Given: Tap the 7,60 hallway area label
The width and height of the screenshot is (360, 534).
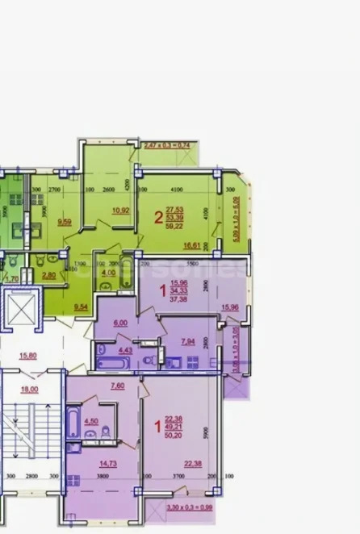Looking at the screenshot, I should pos(115,386).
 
